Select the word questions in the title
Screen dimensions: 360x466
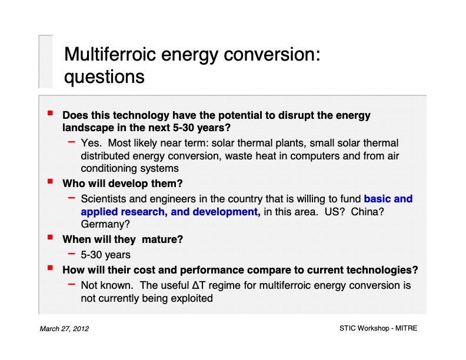pos(104,77)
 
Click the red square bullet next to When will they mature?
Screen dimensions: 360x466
pos(51,238)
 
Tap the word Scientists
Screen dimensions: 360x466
pos(104,199)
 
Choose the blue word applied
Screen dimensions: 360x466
pos(100,211)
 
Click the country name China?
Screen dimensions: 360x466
pos(367,211)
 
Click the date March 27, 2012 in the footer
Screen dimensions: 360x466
pos(64,328)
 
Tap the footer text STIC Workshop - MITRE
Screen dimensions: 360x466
pos(378,328)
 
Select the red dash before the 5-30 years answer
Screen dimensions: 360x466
pos(71,254)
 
